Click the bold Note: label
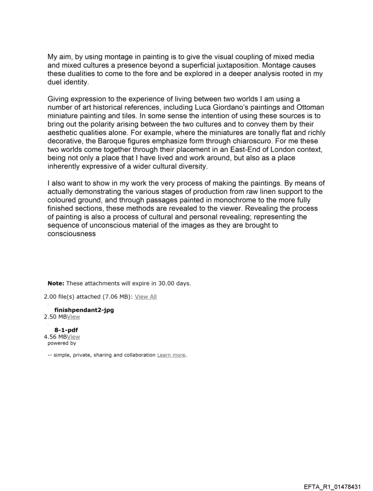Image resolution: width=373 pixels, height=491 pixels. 56,283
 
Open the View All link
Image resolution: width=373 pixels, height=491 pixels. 145,297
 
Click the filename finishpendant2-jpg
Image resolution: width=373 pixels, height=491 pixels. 84,310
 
